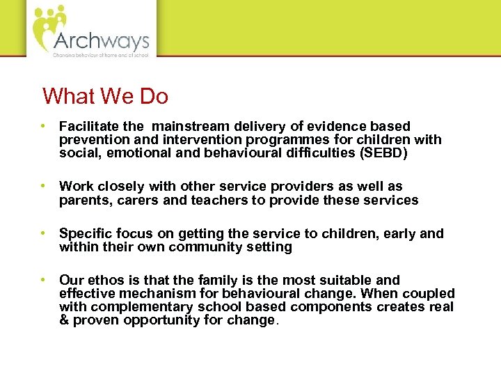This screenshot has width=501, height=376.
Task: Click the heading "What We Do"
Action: click(105, 96)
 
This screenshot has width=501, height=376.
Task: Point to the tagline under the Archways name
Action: click(100, 54)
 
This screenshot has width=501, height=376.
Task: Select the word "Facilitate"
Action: click(88, 127)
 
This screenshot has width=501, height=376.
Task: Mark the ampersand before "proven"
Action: click(64, 320)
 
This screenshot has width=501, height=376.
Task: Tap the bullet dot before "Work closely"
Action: click(43, 187)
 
